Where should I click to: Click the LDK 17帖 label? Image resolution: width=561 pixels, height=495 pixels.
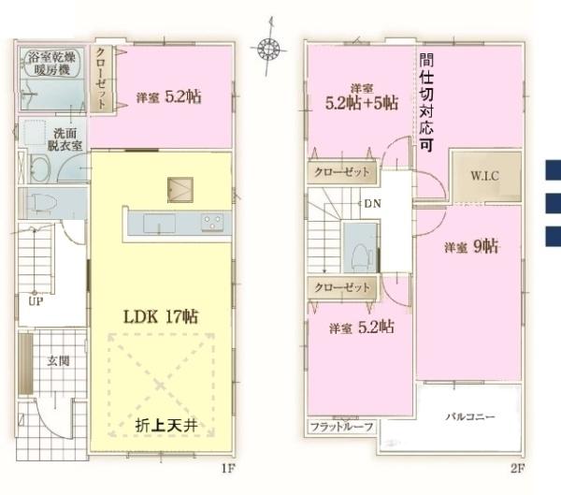tap(162, 314)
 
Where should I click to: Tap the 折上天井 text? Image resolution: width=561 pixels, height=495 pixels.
tap(171, 426)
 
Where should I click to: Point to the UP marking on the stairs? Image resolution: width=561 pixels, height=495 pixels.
tap(36, 302)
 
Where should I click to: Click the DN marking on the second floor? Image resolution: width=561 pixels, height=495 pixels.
tap(372, 203)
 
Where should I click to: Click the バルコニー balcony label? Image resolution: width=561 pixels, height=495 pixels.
tap(469, 416)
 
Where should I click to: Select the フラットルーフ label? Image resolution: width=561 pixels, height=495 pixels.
tap(342, 427)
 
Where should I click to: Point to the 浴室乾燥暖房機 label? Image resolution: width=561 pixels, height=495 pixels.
tap(53, 61)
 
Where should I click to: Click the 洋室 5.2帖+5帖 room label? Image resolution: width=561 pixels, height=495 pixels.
tap(362, 95)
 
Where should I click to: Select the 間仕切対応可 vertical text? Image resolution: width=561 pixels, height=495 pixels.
tap(425, 104)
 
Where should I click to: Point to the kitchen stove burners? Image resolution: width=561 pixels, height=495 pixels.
tap(212, 223)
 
